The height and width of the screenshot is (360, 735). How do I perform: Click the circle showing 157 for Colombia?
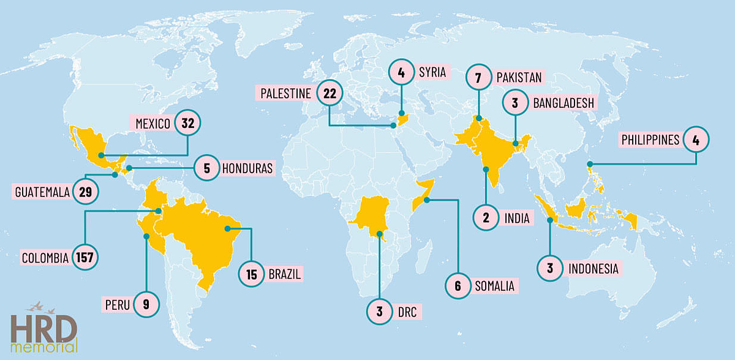pyautogui.click(x=85, y=258)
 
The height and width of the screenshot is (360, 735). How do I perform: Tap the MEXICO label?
pyautogui.click(x=153, y=124)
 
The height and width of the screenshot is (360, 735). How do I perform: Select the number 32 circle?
pyautogui.click(x=187, y=124)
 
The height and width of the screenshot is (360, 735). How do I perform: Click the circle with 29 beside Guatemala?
pyautogui.click(x=85, y=192)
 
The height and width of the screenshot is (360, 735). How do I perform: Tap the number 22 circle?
pyautogui.click(x=330, y=94)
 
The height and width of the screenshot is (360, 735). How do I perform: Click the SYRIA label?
pyautogui.click(x=433, y=72)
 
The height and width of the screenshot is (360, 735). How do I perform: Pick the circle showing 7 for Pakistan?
pyautogui.click(x=479, y=78)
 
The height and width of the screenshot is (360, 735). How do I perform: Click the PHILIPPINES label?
pyautogui.click(x=650, y=140)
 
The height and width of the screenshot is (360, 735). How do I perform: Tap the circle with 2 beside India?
pyautogui.click(x=486, y=217)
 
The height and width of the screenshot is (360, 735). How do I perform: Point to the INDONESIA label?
pyautogui.click(x=594, y=268)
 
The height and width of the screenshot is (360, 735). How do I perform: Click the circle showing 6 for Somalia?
pyautogui.click(x=458, y=285)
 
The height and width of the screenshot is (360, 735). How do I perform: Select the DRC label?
pyautogui.click(x=407, y=312)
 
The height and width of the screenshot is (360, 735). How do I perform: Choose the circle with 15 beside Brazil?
pyautogui.click(x=252, y=274)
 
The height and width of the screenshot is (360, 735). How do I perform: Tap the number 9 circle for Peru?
pyautogui.click(x=146, y=304)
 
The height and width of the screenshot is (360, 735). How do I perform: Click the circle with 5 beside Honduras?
pyautogui.click(x=208, y=168)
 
